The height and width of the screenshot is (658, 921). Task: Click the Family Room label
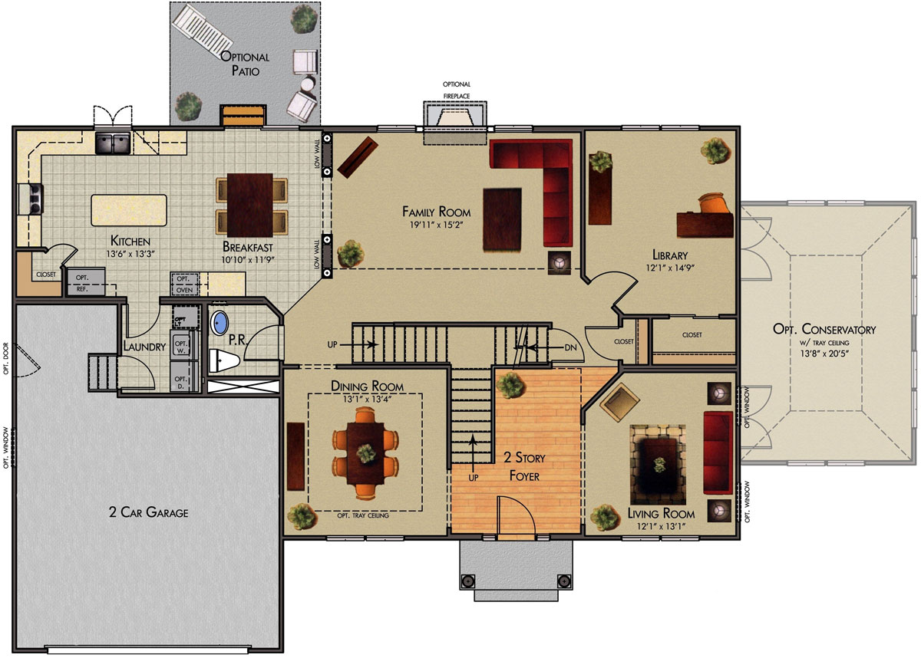click(436, 212)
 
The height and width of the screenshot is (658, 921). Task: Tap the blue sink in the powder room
click(220, 323)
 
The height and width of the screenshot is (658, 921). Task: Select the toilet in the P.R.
click(224, 360)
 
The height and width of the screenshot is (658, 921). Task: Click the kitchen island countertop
click(129, 210)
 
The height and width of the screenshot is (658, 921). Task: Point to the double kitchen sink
click(113, 143)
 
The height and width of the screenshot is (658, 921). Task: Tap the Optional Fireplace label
click(457, 90)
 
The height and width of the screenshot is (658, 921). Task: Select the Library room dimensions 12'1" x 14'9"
click(670, 268)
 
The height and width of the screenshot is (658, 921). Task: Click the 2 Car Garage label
click(148, 512)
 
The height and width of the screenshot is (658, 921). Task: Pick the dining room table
click(365, 453)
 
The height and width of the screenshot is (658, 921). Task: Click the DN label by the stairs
click(570, 347)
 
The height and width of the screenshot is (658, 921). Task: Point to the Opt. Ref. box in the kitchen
click(86, 281)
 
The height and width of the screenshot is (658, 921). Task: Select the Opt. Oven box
click(184, 284)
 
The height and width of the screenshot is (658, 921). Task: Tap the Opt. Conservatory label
click(824, 329)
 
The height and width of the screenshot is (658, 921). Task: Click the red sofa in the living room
click(718, 452)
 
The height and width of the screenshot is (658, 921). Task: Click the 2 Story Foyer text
click(524, 466)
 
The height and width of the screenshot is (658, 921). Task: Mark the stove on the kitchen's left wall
click(31, 199)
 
